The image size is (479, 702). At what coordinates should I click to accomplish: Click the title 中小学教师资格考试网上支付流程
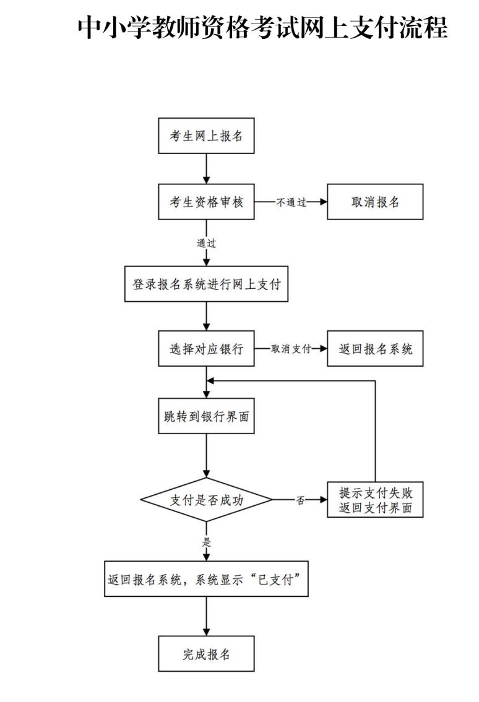262,28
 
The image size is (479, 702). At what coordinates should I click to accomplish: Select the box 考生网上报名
206,135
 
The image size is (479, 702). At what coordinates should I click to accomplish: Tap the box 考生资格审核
206,202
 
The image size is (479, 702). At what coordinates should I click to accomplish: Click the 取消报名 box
375,202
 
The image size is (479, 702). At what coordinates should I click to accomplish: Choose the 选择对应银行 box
206,348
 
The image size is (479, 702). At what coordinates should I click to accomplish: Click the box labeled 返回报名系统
375,348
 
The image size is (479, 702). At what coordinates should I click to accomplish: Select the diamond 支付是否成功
206,500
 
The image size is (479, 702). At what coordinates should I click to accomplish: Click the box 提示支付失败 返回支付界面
375,500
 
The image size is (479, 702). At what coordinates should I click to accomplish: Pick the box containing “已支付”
206,579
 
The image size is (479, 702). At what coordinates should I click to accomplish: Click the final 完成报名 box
206,654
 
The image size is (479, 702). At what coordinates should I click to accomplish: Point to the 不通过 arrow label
290,202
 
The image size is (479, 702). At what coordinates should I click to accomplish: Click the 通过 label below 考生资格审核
206,243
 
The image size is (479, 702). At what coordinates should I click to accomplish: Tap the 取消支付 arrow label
290,349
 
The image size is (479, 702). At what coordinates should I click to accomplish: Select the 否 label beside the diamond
300,500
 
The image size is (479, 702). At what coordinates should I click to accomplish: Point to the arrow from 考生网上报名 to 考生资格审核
206,168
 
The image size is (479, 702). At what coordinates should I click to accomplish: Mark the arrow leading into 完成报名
206,616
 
